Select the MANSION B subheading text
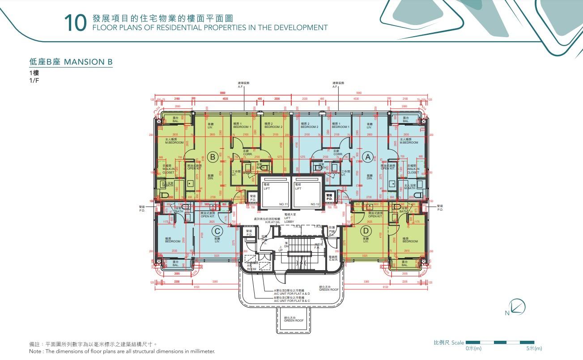pyautogui.click(x=88, y=62)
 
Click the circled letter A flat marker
pyautogui.click(x=368, y=157)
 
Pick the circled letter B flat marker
pyautogui.click(x=213, y=157)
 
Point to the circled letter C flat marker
pyautogui.click(x=217, y=231)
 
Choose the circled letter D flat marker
pyautogui.click(x=366, y=231)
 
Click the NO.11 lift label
pyautogui.click(x=283, y=204)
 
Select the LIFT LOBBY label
pyautogui.click(x=293, y=217)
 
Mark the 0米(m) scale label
pyautogui.click(x=473, y=348)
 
